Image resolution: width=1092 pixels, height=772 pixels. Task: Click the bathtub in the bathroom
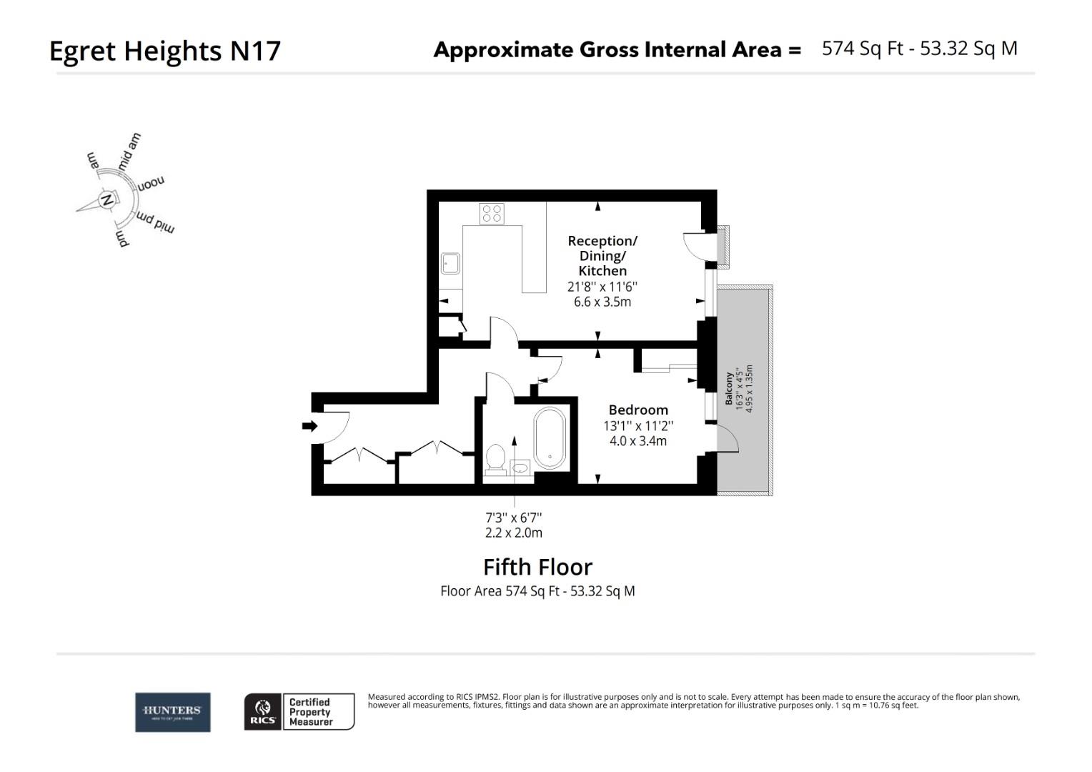(550, 438)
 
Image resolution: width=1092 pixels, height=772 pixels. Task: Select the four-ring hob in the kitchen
(492, 213)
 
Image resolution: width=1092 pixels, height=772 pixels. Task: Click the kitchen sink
(450, 263)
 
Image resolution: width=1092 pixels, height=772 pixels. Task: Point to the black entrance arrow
(309, 426)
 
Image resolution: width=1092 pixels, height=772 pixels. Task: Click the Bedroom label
(638, 410)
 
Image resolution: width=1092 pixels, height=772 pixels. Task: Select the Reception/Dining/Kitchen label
(602, 255)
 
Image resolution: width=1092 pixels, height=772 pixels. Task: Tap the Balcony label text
(729, 389)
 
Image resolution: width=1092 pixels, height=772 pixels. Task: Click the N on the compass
(107, 199)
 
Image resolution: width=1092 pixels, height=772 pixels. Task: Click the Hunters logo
(172, 712)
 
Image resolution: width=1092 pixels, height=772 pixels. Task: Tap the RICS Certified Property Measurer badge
(299, 712)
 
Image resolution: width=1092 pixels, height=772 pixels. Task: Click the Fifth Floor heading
(537, 567)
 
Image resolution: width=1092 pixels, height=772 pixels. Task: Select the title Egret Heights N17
(164, 51)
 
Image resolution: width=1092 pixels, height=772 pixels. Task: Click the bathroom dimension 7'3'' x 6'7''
(513, 517)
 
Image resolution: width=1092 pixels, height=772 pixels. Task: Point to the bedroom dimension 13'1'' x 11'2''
(638, 425)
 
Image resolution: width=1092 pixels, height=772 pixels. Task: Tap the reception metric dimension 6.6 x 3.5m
(602, 302)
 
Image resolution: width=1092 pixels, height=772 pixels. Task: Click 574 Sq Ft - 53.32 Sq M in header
(919, 48)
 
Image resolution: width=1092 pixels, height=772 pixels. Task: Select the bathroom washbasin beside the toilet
(521, 467)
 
